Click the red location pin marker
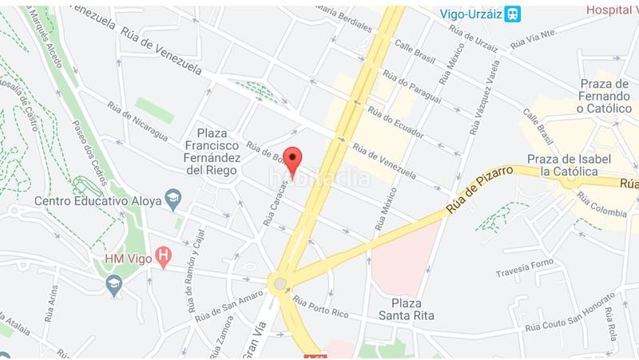click(x=294, y=160)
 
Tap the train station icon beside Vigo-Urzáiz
click(x=514, y=14)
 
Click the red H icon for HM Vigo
click(x=164, y=256)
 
